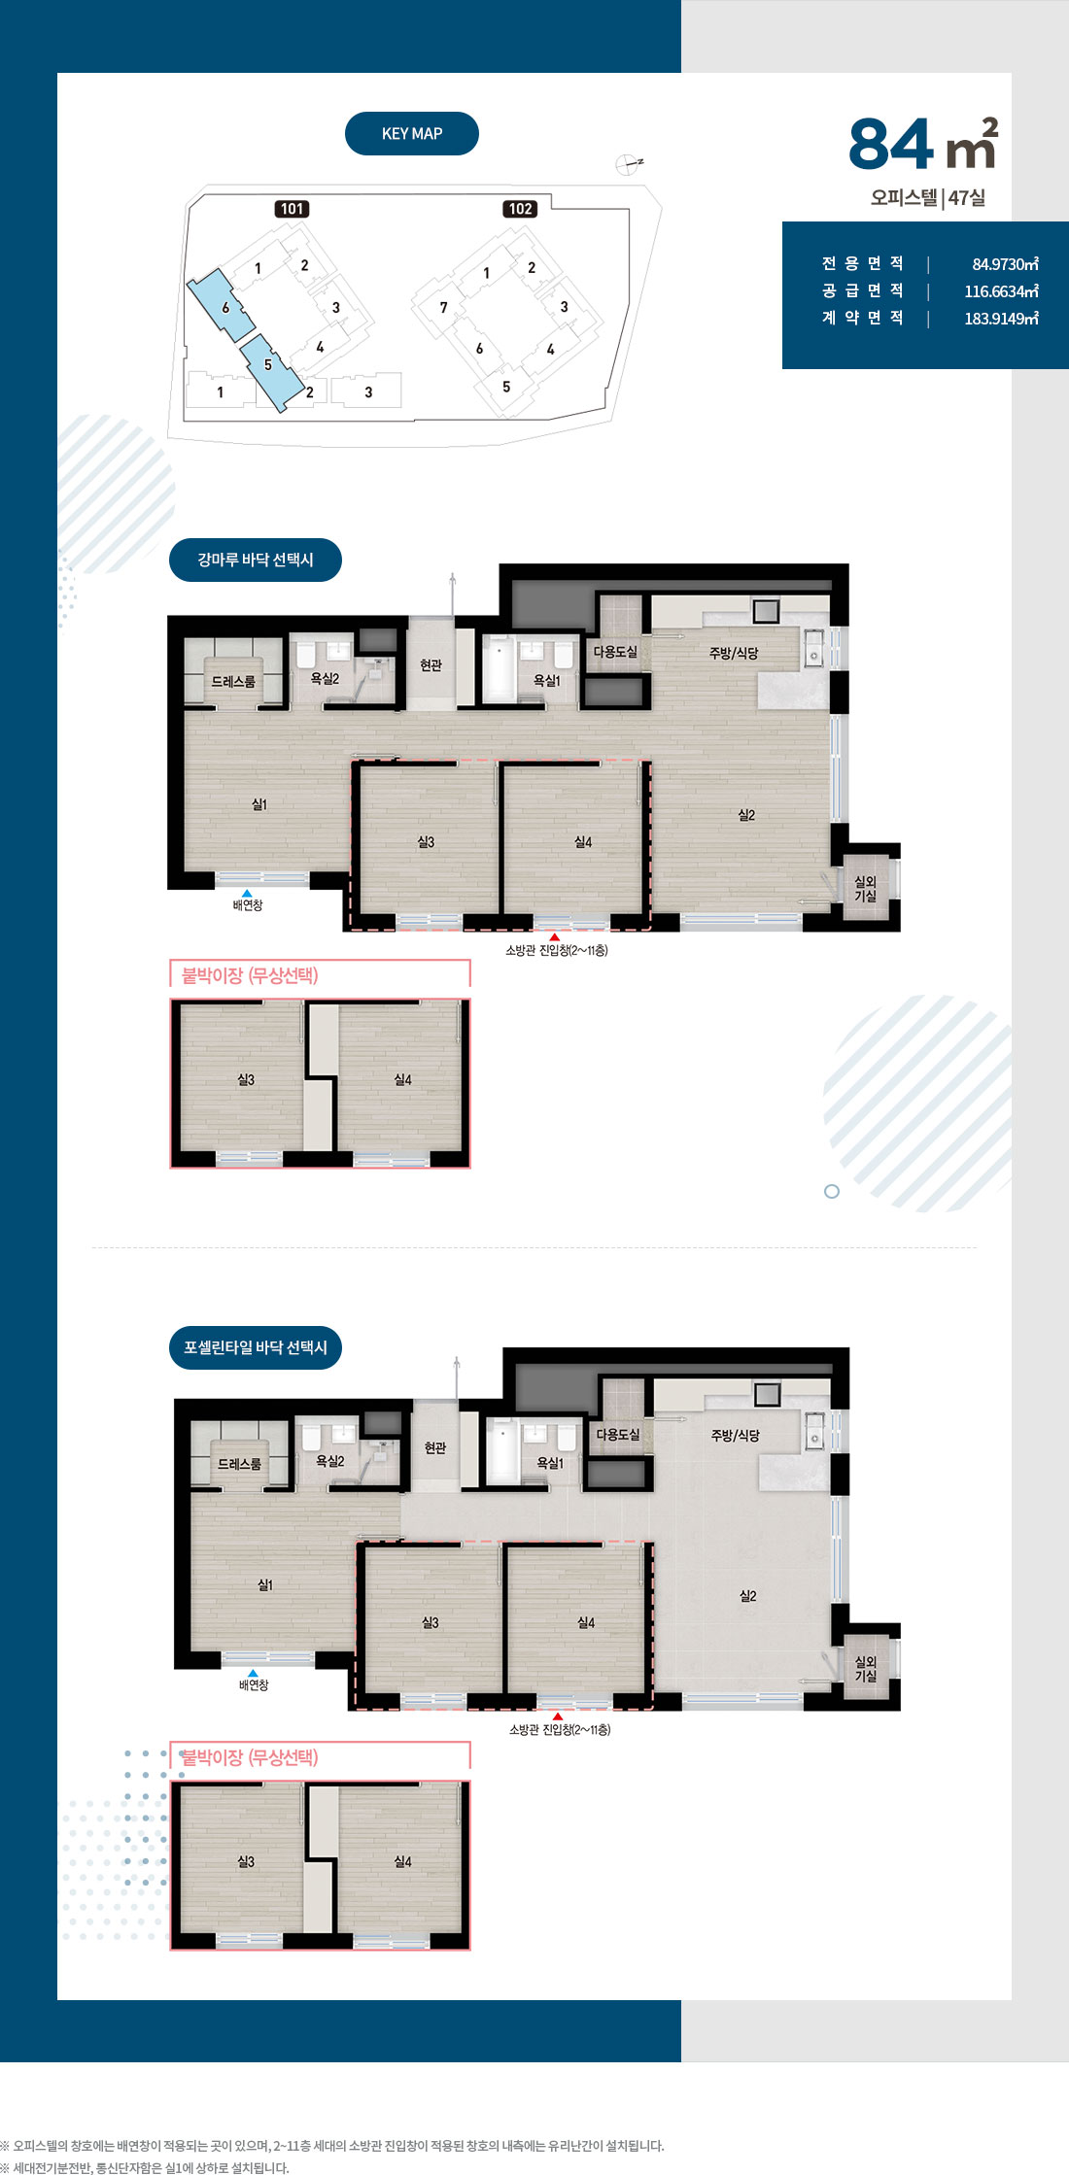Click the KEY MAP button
pyautogui.click(x=412, y=134)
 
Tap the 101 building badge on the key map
pyautogui.click(x=293, y=209)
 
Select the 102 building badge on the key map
pyautogui.click(x=521, y=209)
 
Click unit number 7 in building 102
pyautogui.click(x=444, y=308)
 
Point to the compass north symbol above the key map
pyautogui.click(x=629, y=164)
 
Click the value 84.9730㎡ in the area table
pyautogui.click(x=1005, y=264)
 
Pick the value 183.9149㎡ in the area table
pyautogui.click(x=1001, y=319)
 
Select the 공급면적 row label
pyautogui.click(x=863, y=290)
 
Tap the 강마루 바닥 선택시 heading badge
pyautogui.click(x=256, y=561)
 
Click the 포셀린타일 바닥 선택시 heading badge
pyautogui.click(x=256, y=1347)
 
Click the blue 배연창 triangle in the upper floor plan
pyautogui.click(x=247, y=893)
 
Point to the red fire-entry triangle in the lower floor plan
pyautogui.click(x=558, y=1716)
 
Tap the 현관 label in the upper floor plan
pyautogui.click(x=431, y=665)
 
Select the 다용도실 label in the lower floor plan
pyautogui.click(x=618, y=1435)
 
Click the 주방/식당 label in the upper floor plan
pyautogui.click(x=734, y=653)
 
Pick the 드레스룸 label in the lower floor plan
pyautogui.click(x=239, y=1464)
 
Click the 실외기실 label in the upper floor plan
pyautogui.click(x=865, y=889)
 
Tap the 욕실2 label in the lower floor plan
pyautogui.click(x=330, y=1461)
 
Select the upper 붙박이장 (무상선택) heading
pyautogui.click(x=250, y=975)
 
